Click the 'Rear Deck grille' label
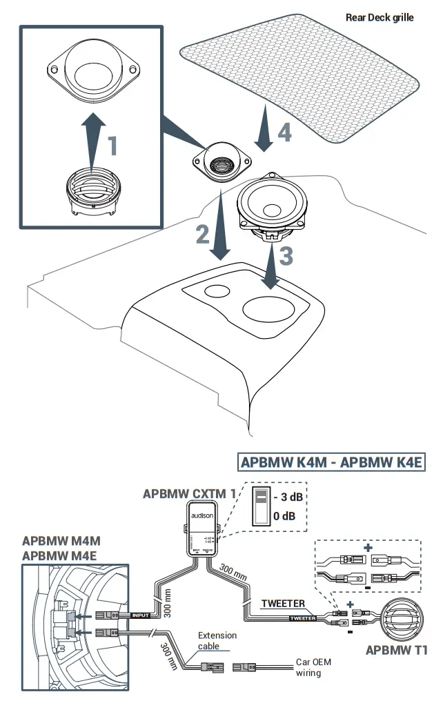click(x=380, y=17)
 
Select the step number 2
click(x=202, y=235)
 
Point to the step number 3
click(x=286, y=255)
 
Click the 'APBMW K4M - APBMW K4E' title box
click(x=332, y=462)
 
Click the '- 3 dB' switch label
click(x=289, y=497)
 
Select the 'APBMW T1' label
click(x=397, y=649)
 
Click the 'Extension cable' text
click(x=217, y=641)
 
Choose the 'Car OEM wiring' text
click(x=313, y=667)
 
